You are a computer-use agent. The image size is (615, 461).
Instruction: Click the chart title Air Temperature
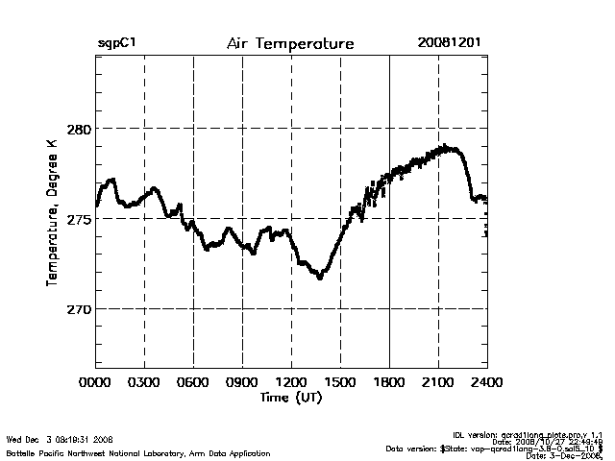point(290,44)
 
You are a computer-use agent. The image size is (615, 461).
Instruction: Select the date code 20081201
point(450,44)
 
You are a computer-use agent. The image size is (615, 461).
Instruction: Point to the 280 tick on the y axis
point(78,129)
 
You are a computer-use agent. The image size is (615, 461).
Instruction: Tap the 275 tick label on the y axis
point(78,219)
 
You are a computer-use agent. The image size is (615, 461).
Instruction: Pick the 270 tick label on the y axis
point(78,309)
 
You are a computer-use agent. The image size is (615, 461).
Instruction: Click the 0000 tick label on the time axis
point(95,381)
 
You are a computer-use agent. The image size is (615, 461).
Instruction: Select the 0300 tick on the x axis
point(144,381)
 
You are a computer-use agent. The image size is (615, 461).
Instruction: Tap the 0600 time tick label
point(193,381)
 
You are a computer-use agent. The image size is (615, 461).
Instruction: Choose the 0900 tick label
point(242,381)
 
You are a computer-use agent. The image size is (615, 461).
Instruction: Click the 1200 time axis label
point(291,381)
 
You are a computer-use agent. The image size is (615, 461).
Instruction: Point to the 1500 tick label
point(340,381)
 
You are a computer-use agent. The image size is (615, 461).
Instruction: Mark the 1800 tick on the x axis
point(389,381)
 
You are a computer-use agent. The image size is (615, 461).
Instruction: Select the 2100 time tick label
point(438,381)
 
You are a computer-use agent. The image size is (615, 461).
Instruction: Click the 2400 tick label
point(486,381)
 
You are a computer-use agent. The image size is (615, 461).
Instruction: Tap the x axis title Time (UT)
point(290,397)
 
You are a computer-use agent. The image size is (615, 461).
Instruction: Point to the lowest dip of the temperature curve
point(320,278)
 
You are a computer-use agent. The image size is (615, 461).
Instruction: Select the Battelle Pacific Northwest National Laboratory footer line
point(138,452)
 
